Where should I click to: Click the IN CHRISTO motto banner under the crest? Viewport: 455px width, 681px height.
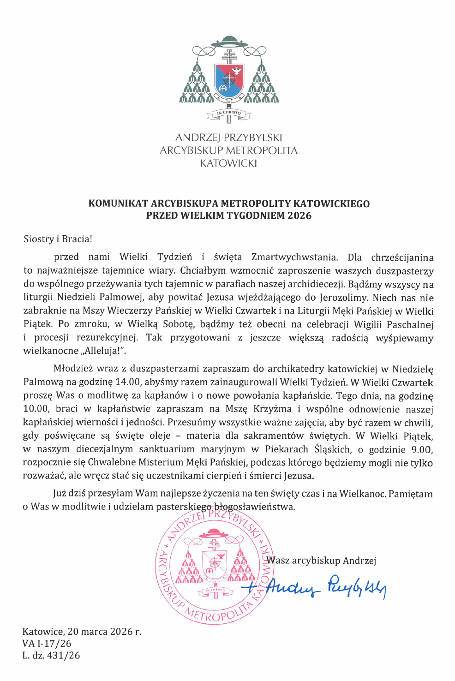[x=229, y=113]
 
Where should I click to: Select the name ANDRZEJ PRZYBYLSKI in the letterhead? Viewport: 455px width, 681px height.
[x=228, y=137]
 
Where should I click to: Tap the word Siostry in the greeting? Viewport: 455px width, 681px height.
[x=39, y=239]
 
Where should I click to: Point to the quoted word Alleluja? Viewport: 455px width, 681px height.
[x=104, y=351]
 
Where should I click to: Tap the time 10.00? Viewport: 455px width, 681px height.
[x=36, y=409]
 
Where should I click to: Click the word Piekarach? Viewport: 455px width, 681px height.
[x=287, y=449]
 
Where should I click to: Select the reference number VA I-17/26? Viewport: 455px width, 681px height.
[x=47, y=643]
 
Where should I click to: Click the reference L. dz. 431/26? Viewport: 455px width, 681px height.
[x=51, y=655]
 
